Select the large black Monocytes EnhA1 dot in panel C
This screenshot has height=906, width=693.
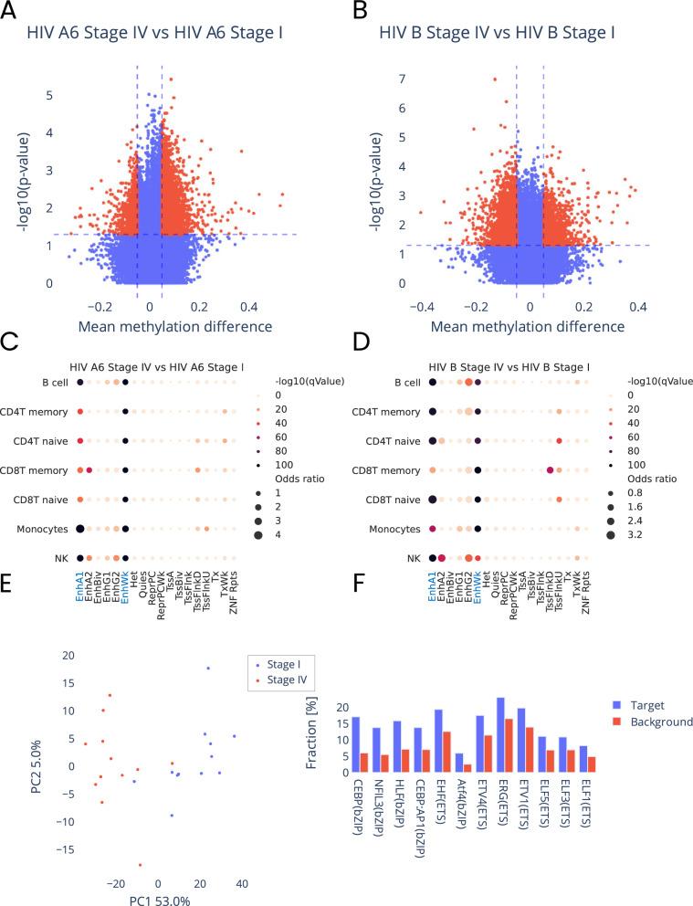point(80,528)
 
